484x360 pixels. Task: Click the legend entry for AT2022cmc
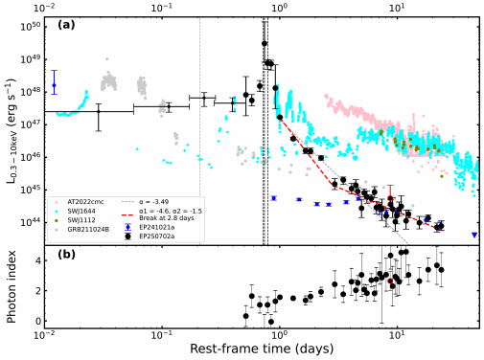[x=80, y=202]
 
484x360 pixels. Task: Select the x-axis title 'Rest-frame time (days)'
[x=261, y=349]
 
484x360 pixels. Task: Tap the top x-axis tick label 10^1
[x=396, y=7]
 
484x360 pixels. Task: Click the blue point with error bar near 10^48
[x=54, y=85]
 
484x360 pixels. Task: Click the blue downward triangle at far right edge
[x=474, y=235]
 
